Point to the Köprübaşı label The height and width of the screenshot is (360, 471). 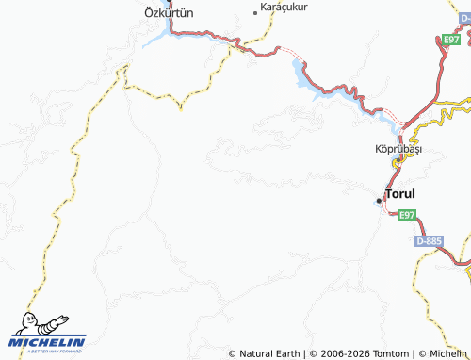click(x=397, y=150)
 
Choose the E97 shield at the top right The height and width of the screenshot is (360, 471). click(x=451, y=39)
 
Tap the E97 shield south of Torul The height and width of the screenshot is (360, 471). click(x=405, y=215)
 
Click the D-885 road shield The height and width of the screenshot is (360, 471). click(x=428, y=242)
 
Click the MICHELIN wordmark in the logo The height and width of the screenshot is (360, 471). click(x=47, y=341)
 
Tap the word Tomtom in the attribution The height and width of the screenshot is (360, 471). click(x=392, y=353)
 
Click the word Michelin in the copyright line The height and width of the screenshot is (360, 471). click(x=448, y=353)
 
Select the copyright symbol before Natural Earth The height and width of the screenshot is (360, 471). click(x=232, y=353)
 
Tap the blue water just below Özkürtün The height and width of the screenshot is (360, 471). click(x=155, y=40)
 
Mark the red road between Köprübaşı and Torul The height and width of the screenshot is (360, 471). click(x=389, y=178)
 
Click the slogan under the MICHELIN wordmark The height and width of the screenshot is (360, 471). click(x=47, y=351)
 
